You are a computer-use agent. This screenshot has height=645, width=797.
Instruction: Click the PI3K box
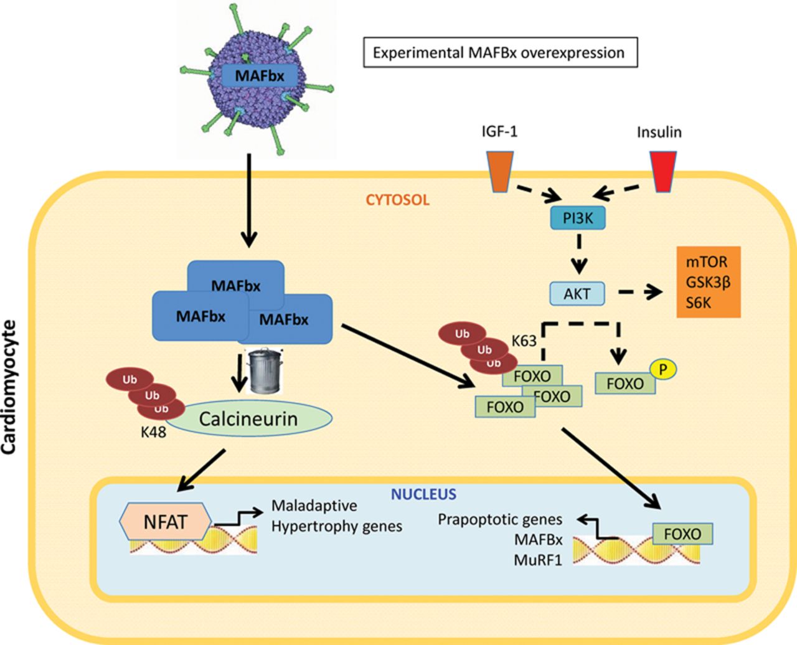coord(578,218)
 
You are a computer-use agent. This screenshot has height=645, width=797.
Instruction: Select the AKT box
coord(577,294)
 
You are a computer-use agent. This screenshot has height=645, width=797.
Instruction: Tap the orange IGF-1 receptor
coord(500,172)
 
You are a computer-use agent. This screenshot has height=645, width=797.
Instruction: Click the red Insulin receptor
coord(663,172)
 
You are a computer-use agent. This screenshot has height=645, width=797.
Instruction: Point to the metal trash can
coord(265,371)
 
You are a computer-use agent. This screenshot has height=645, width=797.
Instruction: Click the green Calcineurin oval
coord(248,418)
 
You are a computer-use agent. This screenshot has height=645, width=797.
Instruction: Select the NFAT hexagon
coord(166,522)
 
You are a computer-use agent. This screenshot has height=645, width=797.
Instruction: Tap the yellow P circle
coord(663,370)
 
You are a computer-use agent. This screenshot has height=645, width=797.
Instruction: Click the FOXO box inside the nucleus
coord(682,534)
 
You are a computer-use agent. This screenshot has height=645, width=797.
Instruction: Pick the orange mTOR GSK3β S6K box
coord(709,281)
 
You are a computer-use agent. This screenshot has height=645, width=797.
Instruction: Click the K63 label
coord(524,341)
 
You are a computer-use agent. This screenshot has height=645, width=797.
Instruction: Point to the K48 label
coord(153,433)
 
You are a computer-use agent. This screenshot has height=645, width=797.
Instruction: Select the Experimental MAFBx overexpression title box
coord(500,52)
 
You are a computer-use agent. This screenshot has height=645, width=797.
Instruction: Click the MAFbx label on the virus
coord(260,76)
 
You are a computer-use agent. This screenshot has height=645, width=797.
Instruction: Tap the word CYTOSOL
coord(397,200)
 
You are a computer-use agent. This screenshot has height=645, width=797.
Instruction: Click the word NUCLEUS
coord(423,494)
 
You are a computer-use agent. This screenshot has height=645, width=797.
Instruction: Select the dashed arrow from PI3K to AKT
coord(579,254)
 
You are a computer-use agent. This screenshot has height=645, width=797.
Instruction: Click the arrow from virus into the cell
coord(249,200)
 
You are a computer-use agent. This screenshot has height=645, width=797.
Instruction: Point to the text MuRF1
coord(538,560)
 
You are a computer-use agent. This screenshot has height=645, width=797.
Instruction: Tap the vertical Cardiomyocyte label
coord(9,387)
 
